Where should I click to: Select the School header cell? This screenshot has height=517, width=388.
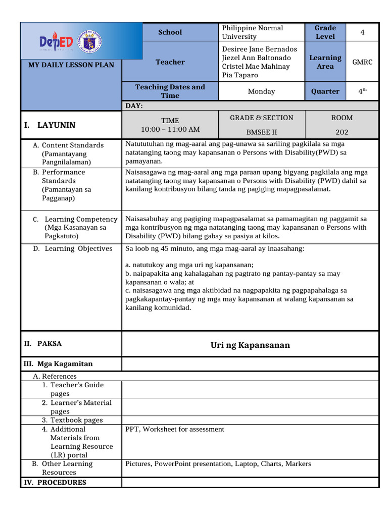coord(170,32)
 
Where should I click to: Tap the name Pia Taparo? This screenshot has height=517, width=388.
coord(240,75)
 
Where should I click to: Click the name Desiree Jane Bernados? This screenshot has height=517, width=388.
coord(260,49)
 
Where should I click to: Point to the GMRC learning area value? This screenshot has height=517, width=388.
coord(362,62)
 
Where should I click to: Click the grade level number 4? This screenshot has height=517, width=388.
coord(362,32)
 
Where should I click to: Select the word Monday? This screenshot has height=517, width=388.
coord(261,91)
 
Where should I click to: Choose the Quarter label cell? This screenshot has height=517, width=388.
coord(325,91)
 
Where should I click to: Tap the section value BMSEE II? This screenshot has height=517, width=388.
coord(261,132)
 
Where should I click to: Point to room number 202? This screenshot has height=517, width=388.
coord(342,132)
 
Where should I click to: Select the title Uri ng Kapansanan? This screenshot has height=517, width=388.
coord(250,345)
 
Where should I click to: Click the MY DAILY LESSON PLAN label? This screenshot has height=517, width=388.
coord(70,65)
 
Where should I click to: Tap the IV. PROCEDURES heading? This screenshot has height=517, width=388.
coord(55,482)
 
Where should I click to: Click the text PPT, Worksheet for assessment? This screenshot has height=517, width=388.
coord(174,429)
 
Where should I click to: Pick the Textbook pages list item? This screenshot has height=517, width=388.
coord(72,420)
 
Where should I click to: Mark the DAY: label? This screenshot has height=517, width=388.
coord(134,106)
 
